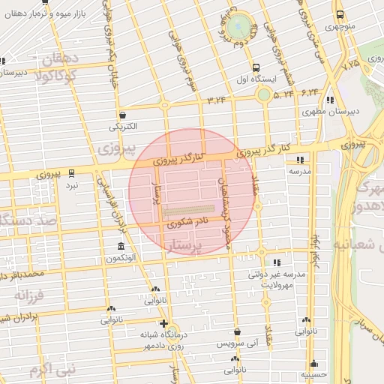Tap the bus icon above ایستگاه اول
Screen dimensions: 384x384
pos(256,66)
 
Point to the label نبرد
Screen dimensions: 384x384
pos(71,184)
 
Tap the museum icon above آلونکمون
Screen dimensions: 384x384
pos(121,247)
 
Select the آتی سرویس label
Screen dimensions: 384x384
pos(237,343)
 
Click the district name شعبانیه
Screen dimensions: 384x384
pos(352,245)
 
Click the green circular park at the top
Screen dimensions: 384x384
pos(240,25)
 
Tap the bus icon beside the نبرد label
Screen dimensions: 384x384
pos(71,172)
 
